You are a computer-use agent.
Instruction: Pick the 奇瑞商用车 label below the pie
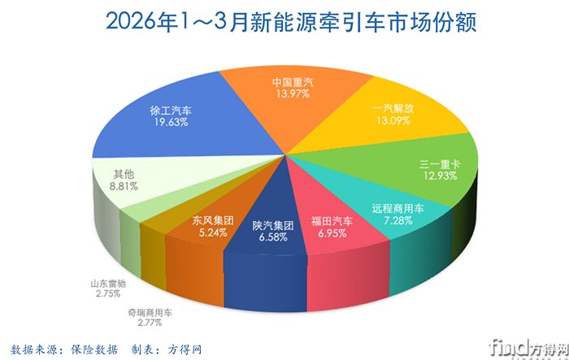coord(150,312)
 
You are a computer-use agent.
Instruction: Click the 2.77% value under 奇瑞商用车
coord(150,323)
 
